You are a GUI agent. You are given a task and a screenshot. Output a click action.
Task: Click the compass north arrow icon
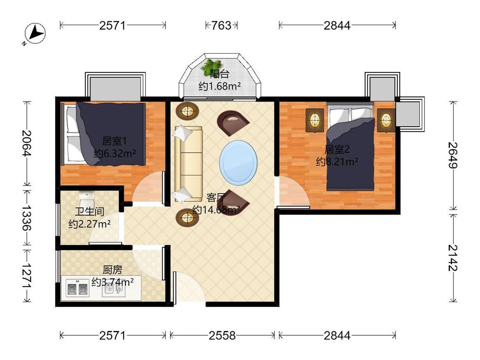coord(35,33)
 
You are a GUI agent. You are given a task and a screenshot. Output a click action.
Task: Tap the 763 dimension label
coord(221,26)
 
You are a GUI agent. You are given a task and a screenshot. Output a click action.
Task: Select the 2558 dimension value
coord(222,336)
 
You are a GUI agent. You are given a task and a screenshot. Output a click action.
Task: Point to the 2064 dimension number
coord(27,143)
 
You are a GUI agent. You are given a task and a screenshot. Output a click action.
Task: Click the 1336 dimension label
coord(27,218)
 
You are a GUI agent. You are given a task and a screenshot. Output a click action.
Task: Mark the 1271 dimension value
coord(27,275)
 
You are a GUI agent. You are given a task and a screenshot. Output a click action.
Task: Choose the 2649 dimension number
coord(453,156)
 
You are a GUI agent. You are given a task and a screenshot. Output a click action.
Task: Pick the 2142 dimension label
coord(453,258)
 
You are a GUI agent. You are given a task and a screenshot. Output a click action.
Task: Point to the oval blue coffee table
coord(238,163)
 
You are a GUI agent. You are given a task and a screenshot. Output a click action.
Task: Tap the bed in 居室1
coord(104,134)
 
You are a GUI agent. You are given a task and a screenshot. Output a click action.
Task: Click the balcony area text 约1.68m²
coord(219,87)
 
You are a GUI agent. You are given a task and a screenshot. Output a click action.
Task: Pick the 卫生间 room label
coord(90,212)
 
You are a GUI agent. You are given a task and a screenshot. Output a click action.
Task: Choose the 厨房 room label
coord(112,270)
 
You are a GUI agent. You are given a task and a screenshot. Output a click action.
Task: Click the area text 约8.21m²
coord(337,162)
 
